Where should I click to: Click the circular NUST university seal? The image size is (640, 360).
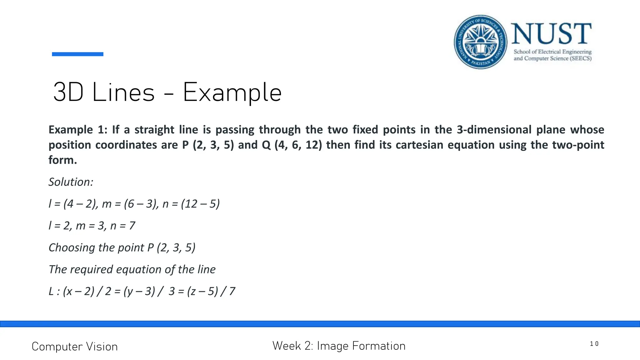(481, 42)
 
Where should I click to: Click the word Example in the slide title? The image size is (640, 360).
(232, 92)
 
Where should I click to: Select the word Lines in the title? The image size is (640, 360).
(123, 92)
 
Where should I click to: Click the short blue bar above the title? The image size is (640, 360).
(77, 54)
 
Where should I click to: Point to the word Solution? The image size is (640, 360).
(71, 182)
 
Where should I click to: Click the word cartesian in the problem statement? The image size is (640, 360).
(412, 145)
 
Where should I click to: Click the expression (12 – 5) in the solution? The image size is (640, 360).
(200, 204)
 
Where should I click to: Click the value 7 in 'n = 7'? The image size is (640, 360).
(132, 226)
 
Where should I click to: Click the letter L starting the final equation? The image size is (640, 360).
(51, 291)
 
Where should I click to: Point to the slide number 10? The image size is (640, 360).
(594, 344)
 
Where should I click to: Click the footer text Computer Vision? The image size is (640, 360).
(75, 347)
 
